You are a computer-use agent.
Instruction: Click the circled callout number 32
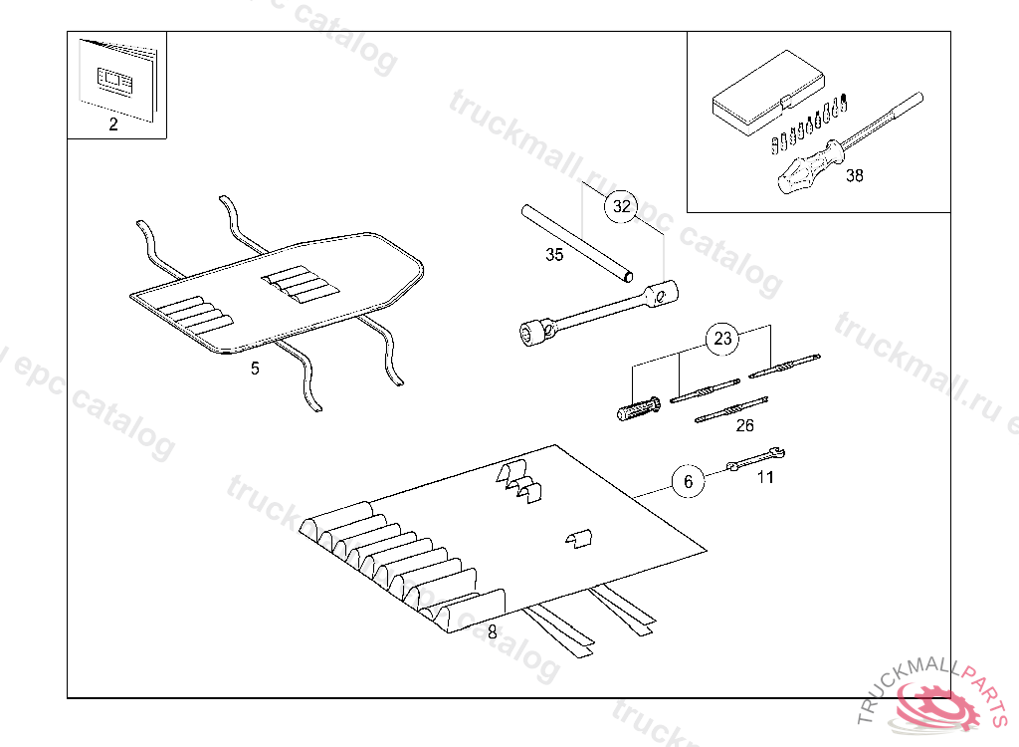622,207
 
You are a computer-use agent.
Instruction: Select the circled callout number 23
723,339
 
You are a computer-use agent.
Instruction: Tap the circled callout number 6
687,482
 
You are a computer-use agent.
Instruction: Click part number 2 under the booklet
112,124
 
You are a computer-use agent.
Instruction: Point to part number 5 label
255,369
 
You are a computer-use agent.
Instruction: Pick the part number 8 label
492,631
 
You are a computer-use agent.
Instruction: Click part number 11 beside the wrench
765,477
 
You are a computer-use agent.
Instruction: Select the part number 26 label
744,425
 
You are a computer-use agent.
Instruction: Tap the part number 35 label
554,255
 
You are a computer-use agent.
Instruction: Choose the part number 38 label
855,176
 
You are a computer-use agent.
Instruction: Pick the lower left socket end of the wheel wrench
534,331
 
